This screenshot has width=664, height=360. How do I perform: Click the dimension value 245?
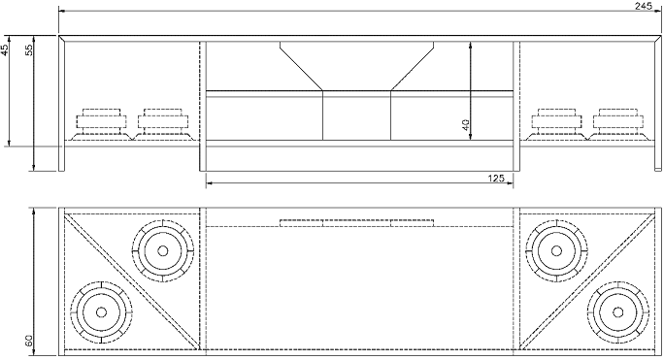click(644, 6)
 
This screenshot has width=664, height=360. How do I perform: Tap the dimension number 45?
click(4, 50)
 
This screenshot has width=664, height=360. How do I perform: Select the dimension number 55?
click(29, 50)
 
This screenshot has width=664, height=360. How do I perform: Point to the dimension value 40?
click(465, 125)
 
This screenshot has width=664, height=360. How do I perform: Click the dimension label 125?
click(496, 178)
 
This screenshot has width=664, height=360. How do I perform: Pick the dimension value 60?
click(29, 341)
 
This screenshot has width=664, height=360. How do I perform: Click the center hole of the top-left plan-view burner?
click(163, 250)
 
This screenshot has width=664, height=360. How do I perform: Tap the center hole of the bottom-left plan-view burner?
click(101, 312)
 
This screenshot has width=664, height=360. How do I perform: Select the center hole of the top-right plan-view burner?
click(556, 250)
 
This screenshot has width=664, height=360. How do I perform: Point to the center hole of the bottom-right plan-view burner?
click(617, 312)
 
